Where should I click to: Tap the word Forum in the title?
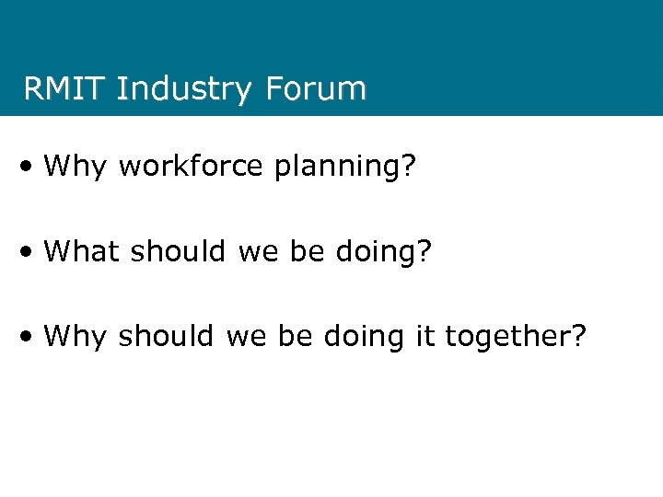[x=316, y=89]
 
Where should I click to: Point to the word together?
[x=516, y=336]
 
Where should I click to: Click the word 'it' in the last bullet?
[x=423, y=335]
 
